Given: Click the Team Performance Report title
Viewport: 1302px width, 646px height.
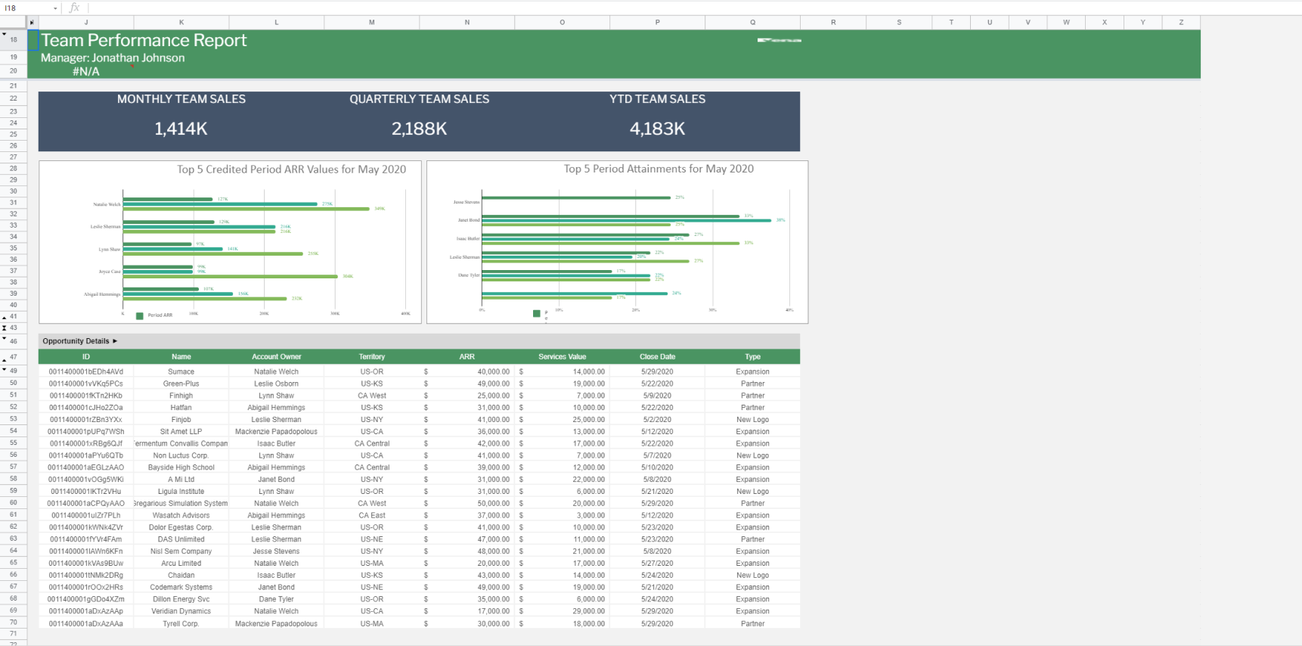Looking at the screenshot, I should click(x=144, y=41).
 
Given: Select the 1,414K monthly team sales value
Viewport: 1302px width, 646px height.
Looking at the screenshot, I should click(x=181, y=129).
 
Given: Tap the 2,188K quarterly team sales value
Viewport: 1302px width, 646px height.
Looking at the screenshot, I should click(x=419, y=129).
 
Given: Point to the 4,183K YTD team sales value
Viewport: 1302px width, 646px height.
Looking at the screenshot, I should click(x=657, y=129).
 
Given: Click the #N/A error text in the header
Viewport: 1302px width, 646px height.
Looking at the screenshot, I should click(x=85, y=72).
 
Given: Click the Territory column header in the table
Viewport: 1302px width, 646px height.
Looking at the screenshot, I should click(x=371, y=357).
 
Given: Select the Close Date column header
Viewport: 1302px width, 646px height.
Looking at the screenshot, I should click(x=657, y=357).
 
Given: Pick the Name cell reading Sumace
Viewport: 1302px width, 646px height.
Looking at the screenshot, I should click(x=181, y=372).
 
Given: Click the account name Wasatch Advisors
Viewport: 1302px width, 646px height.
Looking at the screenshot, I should click(x=181, y=516).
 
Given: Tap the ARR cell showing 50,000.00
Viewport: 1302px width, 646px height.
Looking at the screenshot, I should click(x=493, y=504).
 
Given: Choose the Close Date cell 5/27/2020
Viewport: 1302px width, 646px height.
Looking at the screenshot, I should click(x=657, y=564).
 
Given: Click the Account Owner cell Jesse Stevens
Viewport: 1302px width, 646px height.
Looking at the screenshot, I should click(x=276, y=551).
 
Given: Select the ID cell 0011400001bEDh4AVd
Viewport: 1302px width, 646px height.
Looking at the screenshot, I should click(x=85, y=372).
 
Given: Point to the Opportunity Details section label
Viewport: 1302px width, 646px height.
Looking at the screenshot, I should click(x=76, y=341).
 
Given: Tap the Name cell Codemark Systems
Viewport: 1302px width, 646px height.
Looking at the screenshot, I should click(x=181, y=588).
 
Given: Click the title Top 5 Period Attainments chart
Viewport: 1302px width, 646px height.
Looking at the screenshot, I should click(x=658, y=169).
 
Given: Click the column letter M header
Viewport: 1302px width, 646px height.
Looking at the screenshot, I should click(x=371, y=23).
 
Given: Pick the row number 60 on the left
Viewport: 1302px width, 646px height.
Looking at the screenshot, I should click(x=14, y=503).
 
